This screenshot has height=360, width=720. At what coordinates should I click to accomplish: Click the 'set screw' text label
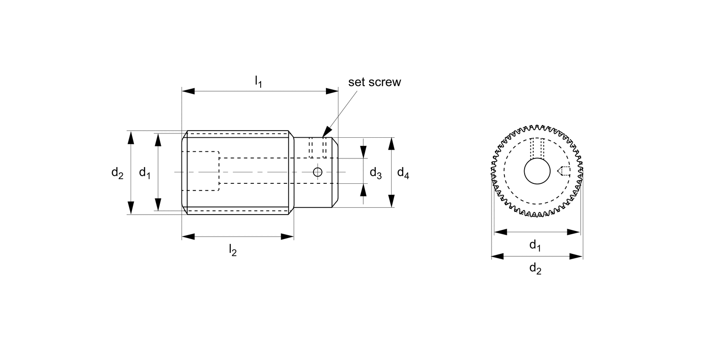(x=374, y=82)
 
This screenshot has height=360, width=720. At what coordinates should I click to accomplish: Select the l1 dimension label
(x=258, y=81)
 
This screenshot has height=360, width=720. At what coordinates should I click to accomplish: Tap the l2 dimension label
(x=232, y=250)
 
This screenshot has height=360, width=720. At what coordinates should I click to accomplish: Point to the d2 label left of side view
(x=117, y=173)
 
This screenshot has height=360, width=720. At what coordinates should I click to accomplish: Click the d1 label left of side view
(x=144, y=173)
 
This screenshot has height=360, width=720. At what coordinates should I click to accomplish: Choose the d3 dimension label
(x=376, y=173)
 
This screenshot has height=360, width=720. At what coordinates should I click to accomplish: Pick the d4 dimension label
(x=403, y=173)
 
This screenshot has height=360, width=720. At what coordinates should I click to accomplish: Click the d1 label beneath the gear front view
(x=535, y=245)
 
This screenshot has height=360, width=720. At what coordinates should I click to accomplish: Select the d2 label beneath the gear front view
(x=535, y=269)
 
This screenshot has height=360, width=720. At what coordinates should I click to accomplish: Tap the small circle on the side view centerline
(x=317, y=172)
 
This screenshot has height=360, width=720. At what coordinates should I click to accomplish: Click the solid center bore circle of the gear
(x=537, y=171)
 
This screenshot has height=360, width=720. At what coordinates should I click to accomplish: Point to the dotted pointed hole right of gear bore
(x=563, y=171)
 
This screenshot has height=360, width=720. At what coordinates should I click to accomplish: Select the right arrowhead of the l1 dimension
(x=332, y=91)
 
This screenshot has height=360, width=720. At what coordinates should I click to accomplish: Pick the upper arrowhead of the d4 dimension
(x=392, y=144)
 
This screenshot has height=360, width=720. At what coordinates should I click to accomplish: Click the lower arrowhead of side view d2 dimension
(x=131, y=208)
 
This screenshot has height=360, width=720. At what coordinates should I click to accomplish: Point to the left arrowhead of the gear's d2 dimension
(x=498, y=257)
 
